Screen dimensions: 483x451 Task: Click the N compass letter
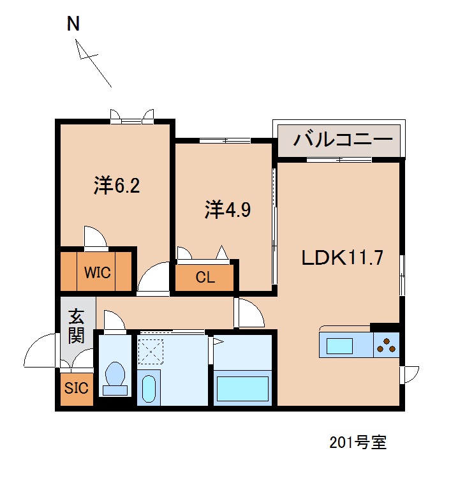(x=73, y=24)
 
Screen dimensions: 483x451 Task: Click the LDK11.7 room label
(x=342, y=258)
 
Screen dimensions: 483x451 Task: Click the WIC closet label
(x=98, y=273)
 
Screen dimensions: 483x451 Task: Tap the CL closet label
(x=205, y=278)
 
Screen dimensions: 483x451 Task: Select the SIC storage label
(x=76, y=389)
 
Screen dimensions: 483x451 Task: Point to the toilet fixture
(x=115, y=376)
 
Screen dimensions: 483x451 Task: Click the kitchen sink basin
(x=339, y=346)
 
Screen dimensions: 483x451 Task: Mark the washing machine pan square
(x=151, y=352)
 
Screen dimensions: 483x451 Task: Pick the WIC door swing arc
(x=95, y=237)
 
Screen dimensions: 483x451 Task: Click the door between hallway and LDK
(x=249, y=313)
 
